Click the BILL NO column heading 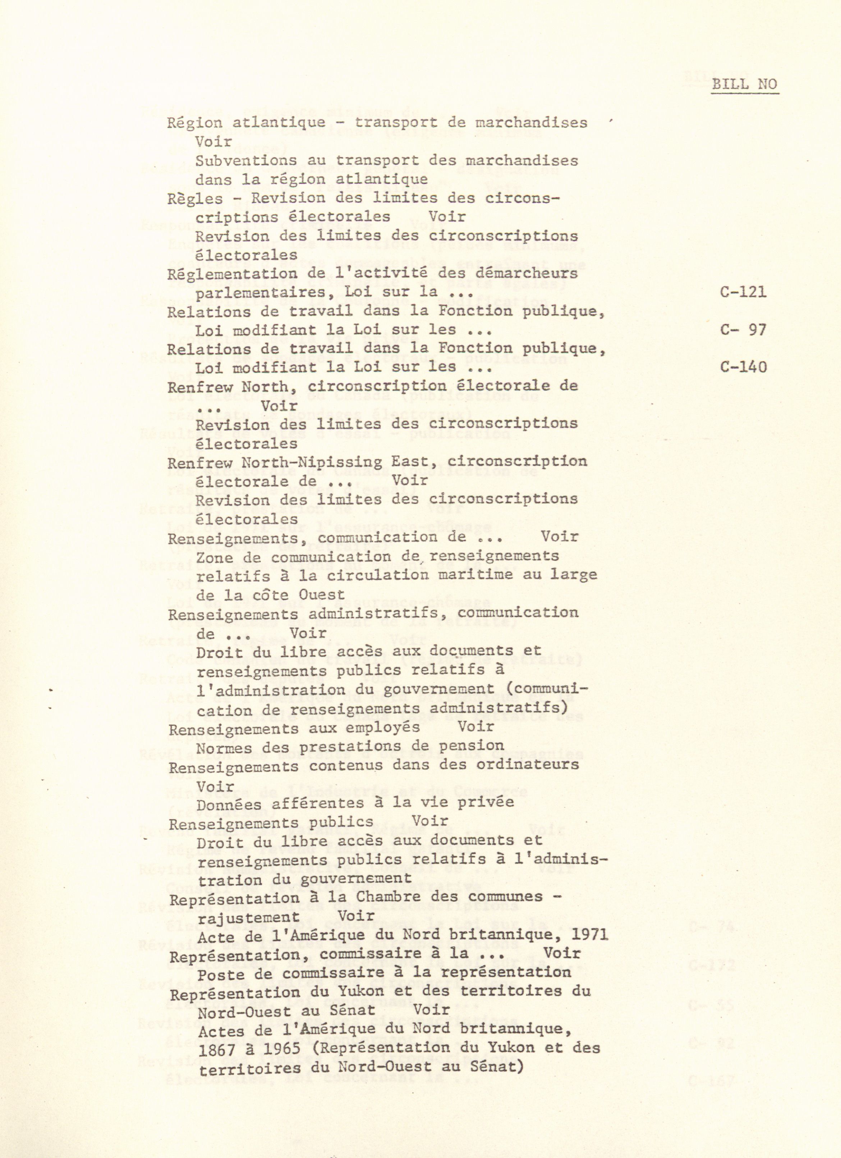pyautogui.click(x=745, y=84)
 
